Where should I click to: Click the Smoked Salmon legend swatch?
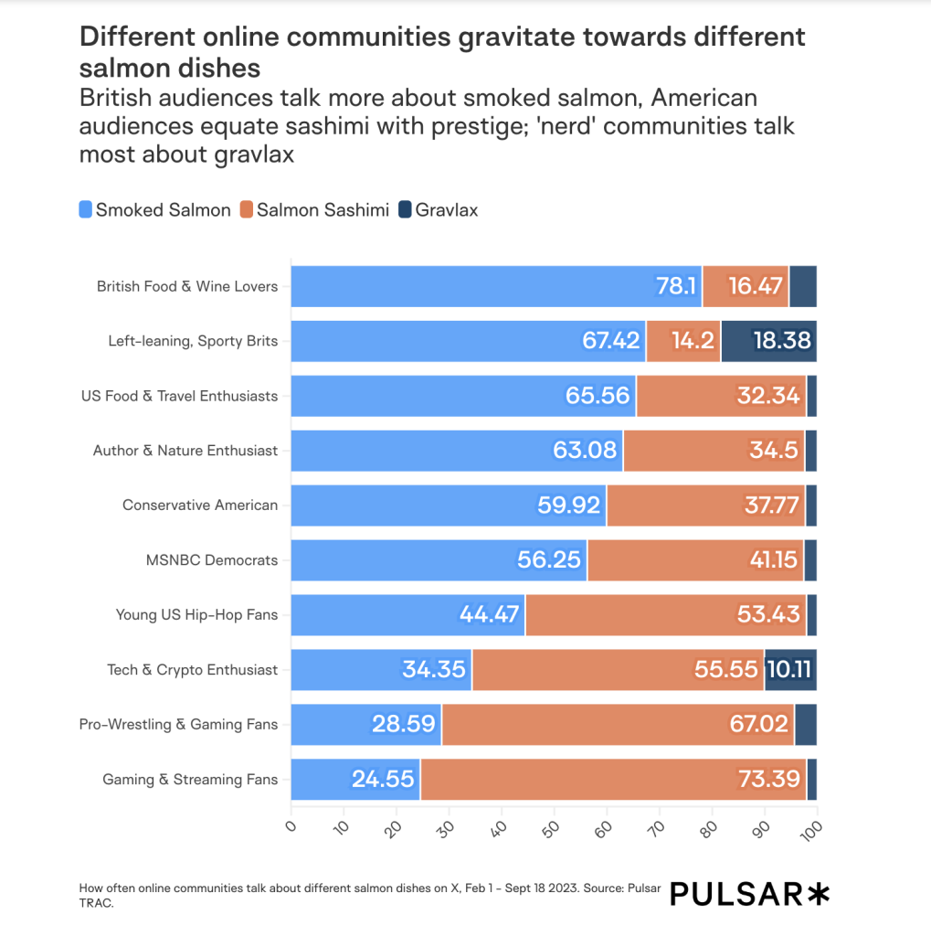86,210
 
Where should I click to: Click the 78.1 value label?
676,286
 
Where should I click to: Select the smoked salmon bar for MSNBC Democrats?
439,560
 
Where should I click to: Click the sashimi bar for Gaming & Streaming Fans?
612,780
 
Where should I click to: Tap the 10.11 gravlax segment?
790,670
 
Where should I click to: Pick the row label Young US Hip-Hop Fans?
196,615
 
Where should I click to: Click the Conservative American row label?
200,505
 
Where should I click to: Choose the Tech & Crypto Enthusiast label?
192,670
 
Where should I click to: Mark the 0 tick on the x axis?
291,826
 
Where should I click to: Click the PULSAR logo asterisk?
819,894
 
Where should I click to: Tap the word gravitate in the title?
504,37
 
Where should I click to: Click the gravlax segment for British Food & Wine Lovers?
802,286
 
